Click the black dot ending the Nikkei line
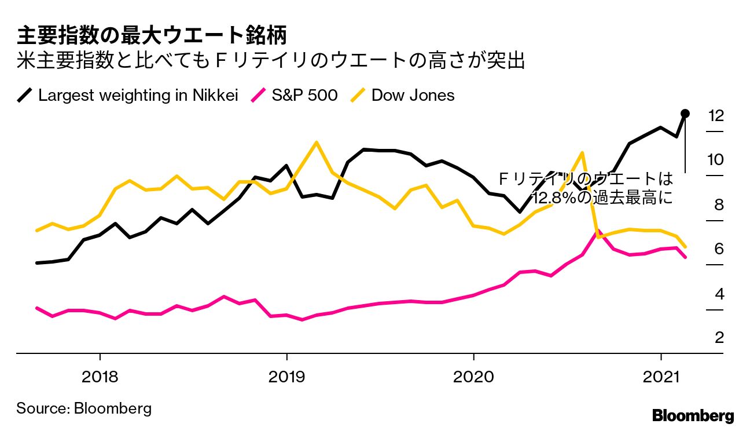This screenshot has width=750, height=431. click(685, 114)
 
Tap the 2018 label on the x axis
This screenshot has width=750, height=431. click(100, 378)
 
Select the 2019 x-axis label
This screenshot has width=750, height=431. click(286, 378)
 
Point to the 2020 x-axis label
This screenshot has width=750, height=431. click(473, 378)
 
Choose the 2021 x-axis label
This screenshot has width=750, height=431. click(660, 378)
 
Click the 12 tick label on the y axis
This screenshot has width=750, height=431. click(716, 116)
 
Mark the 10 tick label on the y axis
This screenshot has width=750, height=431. click(716, 160)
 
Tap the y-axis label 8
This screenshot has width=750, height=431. click(719, 205)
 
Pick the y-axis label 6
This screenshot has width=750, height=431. click(719, 249)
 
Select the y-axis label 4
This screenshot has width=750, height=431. click(719, 294)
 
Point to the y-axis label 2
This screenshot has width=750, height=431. click(719, 338)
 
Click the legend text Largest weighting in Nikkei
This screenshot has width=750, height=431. click(138, 96)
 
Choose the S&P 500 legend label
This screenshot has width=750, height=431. click(304, 96)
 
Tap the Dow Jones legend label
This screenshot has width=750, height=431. click(413, 96)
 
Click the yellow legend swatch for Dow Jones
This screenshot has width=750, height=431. click(357, 96)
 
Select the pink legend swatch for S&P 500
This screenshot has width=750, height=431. click(258, 96)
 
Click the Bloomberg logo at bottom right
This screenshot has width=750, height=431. click(693, 415)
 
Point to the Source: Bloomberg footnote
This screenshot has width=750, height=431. click(84, 408)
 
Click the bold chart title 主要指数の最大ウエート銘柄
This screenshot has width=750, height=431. click(151, 36)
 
